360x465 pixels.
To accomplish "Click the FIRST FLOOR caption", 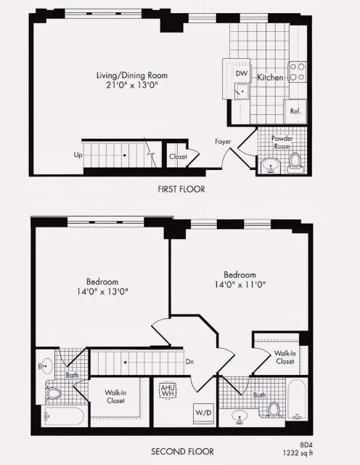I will pos(181,189).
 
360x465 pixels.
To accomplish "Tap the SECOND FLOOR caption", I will pos(181,451).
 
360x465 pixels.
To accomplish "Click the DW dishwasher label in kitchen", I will pos(242,73).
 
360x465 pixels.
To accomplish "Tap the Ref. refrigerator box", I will pos(295,111).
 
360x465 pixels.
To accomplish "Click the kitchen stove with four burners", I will pos(297,70).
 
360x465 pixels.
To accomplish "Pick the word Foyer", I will pos(224,141).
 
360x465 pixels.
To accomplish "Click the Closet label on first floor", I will pos(178,156).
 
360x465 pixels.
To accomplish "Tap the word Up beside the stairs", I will pos(78,155).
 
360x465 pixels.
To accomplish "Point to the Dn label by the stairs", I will pos(189,360).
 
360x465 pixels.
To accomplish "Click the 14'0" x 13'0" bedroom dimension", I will pos(102,291).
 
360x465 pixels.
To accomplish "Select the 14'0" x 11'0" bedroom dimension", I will pos(240,285).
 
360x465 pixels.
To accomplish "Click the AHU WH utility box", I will pos(168,390).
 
